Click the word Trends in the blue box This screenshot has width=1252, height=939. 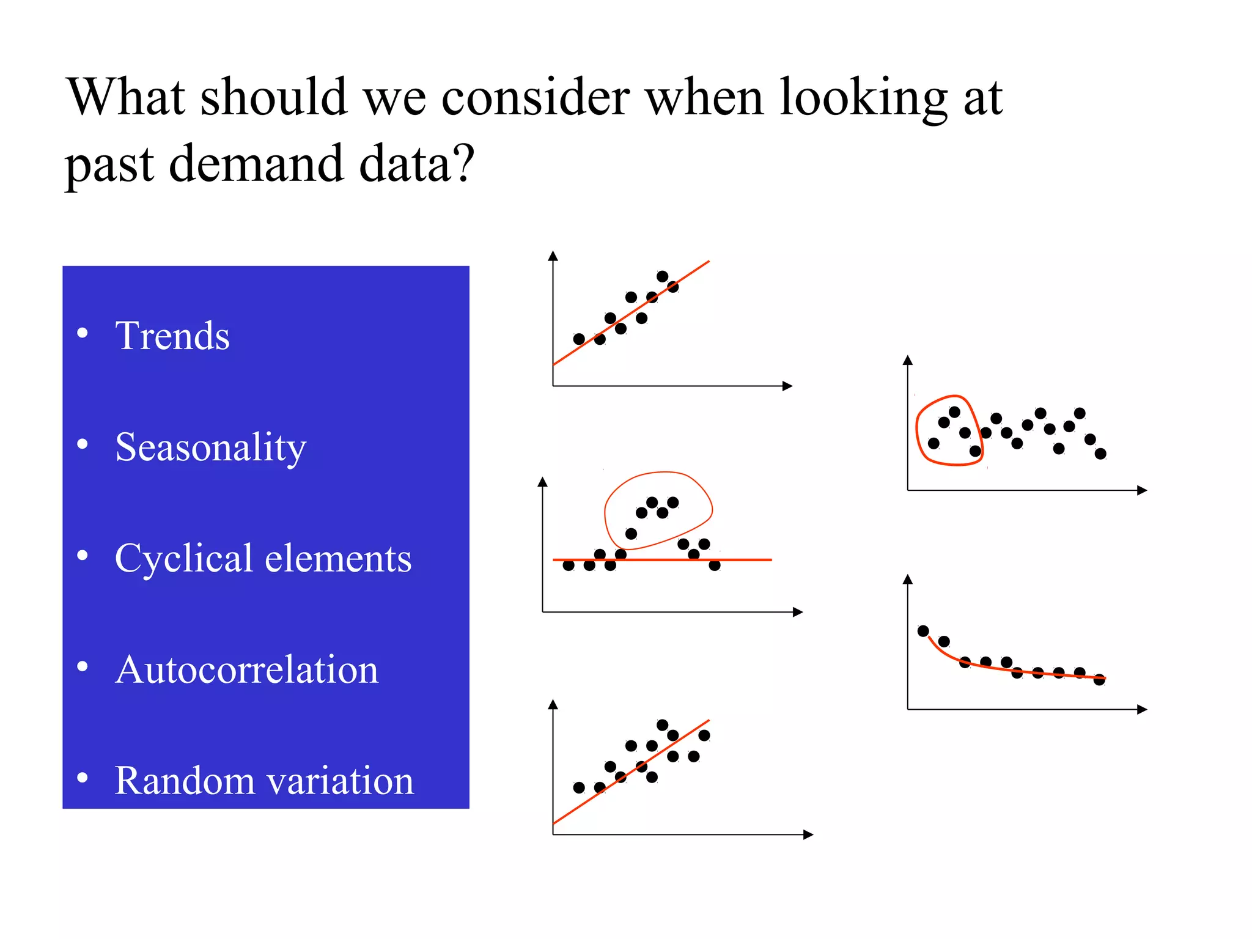172,336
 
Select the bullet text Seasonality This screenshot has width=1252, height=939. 210,447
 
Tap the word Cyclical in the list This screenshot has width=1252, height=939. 183,558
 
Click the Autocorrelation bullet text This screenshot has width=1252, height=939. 246,669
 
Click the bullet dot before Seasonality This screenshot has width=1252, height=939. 83,444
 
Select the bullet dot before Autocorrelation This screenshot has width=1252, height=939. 83,666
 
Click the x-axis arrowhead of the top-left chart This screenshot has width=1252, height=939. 788,386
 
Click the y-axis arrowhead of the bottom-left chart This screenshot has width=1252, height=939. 553,704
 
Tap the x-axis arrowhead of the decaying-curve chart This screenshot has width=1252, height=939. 1142,709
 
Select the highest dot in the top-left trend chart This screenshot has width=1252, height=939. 662,276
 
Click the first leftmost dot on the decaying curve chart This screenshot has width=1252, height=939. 923,631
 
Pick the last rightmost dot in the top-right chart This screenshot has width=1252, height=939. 1100,454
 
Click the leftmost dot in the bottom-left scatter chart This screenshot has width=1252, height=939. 579,787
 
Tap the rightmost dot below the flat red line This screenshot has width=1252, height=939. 715,565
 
